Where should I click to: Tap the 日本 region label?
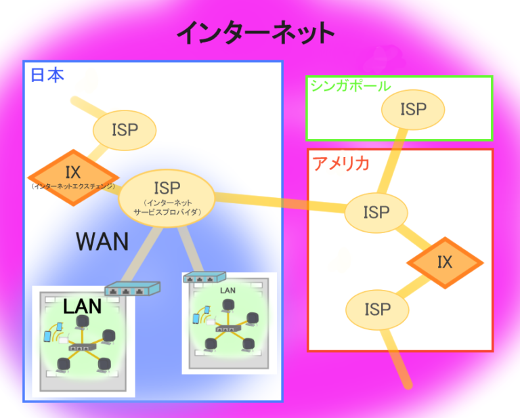point(47,75)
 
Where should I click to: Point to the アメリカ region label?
point(341,163)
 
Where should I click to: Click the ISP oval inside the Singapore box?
point(412,108)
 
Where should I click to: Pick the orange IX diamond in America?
point(444,262)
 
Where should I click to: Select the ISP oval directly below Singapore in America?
point(376,212)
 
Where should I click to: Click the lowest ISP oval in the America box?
point(377,310)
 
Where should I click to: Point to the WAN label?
point(102,241)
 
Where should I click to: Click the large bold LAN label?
point(82,306)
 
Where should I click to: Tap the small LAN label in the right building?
point(228,290)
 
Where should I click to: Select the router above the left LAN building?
point(133,288)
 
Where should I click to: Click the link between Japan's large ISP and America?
point(278,203)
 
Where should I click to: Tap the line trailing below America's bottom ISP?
point(399,359)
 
